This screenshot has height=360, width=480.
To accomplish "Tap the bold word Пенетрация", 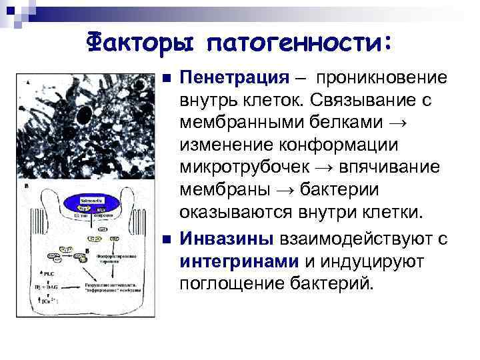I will pyautogui.click(x=233, y=79).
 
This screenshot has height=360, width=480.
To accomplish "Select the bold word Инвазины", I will pyautogui.click(x=225, y=239).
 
